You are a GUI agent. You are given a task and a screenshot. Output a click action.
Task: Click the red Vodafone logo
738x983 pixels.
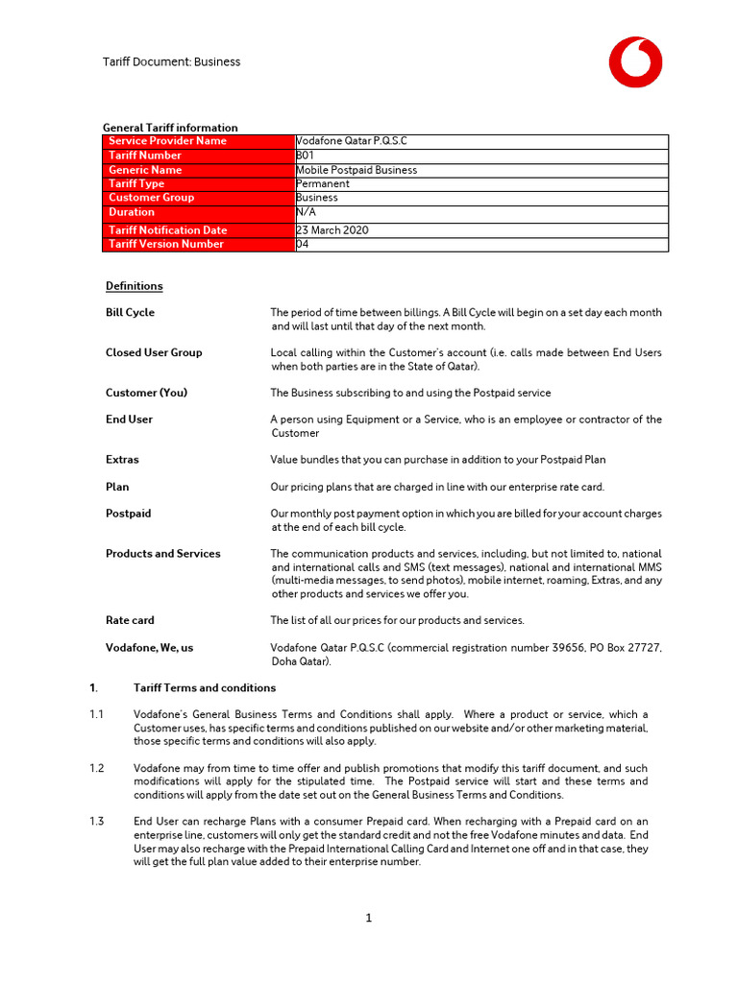[x=634, y=62]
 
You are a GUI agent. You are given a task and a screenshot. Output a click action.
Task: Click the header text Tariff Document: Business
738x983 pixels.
[x=171, y=62]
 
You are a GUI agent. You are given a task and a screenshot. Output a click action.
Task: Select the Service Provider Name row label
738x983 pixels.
[x=167, y=141]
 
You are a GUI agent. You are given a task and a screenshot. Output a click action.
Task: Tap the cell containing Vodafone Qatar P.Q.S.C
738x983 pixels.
[x=352, y=141]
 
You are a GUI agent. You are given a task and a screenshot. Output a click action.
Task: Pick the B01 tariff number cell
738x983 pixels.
[x=305, y=156]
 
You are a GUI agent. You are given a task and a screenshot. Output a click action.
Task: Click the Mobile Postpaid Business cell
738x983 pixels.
[x=357, y=170]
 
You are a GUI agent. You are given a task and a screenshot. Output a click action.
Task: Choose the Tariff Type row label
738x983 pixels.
[x=136, y=183]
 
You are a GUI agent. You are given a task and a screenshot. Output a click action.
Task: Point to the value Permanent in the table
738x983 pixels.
[x=323, y=183]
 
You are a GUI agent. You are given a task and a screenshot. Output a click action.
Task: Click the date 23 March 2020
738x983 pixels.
[x=332, y=230]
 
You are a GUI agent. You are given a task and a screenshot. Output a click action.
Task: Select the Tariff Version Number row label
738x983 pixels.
[x=166, y=244]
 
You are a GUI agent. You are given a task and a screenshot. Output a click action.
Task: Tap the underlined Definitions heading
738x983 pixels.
[x=134, y=286]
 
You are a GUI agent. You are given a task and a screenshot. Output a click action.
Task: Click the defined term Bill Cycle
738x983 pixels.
[x=130, y=313]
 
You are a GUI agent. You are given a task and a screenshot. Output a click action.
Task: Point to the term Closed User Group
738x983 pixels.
[x=154, y=353]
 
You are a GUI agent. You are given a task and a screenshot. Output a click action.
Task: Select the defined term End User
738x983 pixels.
[x=129, y=420]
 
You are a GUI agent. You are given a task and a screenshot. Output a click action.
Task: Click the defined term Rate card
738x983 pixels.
[x=130, y=621]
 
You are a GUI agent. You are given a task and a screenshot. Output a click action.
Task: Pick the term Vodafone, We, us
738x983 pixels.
[x=149, y=648]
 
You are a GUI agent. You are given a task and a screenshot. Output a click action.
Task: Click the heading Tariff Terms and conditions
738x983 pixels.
[x=205, y=688]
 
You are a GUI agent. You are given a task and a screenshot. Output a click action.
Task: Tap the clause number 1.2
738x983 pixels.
[x=96, y=769]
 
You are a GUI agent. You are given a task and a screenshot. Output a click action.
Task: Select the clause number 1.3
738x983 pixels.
[x=96, y=822]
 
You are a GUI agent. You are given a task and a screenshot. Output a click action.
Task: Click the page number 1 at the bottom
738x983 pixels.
[x=368, y=919]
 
